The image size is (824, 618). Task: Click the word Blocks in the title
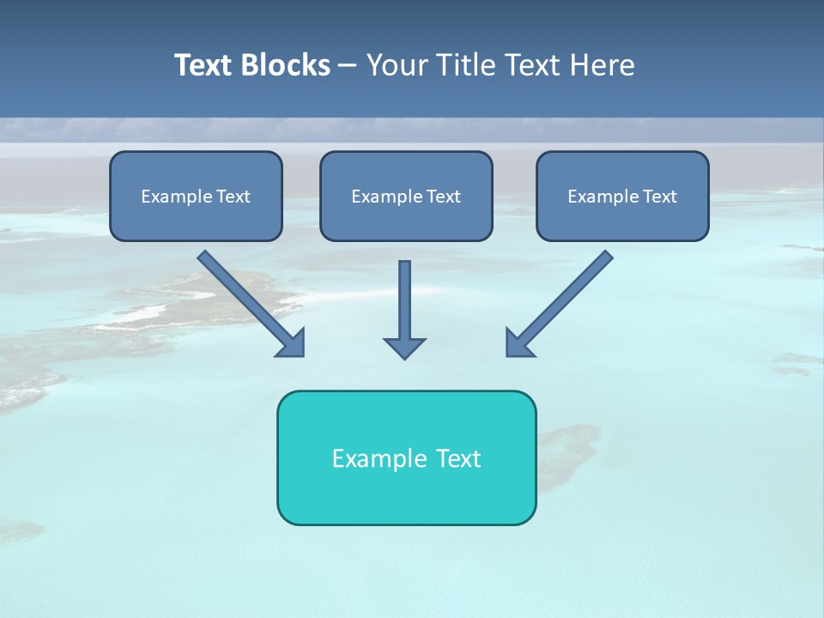click(x=286, y=65)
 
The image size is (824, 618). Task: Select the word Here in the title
click(x=603, y=65)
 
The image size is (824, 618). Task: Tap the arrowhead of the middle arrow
click(x=404, y=348)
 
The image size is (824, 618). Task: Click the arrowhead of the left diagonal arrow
click(x=293, y=343)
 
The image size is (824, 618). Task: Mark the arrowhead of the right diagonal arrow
click(x=518, y=343)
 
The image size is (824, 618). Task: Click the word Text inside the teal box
click(x=458, y=458)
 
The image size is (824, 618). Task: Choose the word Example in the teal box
click(x=379, y=458)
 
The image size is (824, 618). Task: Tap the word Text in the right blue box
click(x=660, y=197)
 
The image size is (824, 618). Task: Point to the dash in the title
click(x=348, y=66)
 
